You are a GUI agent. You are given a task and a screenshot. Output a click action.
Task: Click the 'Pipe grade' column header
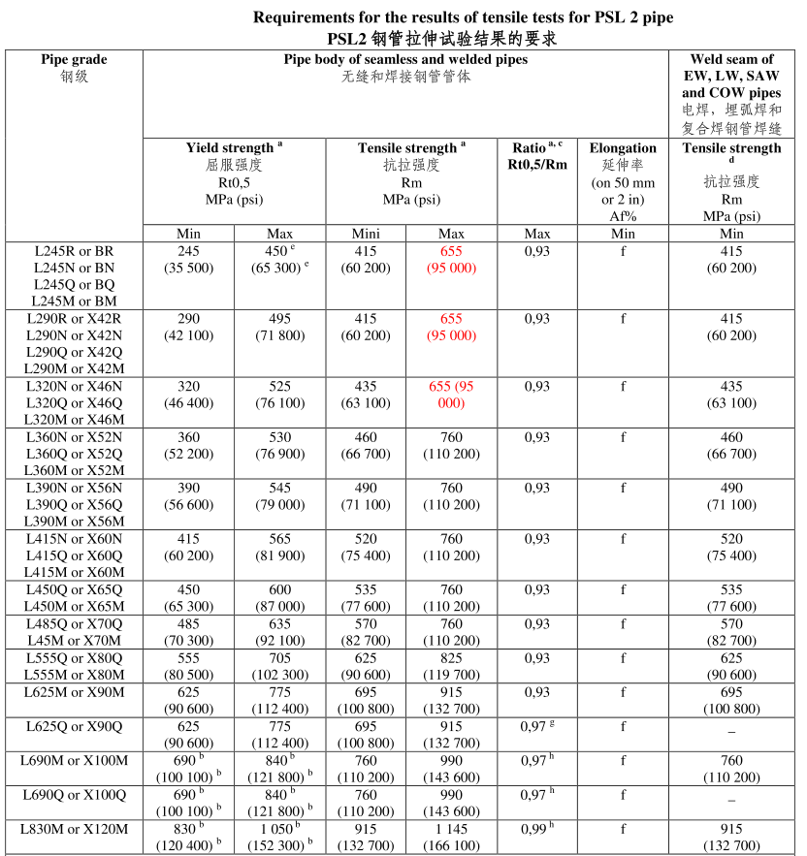pyautogui.click(x=74, y=59)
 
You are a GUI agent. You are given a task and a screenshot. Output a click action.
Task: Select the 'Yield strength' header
pyautogui.click(x=230, y=148)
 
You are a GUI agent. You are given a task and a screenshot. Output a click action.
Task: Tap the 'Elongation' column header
pyautogui.click(x=623, y=148)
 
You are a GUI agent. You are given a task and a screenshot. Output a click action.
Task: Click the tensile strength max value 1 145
pyautogui.click(x=451, y=829)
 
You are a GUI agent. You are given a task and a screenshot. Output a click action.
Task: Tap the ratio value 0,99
pyautogui.click(x=533, y=829)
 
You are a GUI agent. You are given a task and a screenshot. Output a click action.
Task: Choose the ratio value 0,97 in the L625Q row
pyautogui.click(x=533, y=726)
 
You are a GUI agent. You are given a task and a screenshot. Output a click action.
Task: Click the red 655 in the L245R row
pyautogui.click(x=451, y=250)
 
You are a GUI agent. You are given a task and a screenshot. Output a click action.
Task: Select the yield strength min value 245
pyautogui.click(x=188, y=250)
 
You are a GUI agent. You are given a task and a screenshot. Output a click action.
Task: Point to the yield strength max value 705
pyautogui.click(x=278, y=657)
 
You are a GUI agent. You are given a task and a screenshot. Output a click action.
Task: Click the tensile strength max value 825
pyautogui.click(x=451, y=657)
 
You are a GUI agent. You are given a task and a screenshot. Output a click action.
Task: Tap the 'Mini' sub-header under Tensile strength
pyautogui.click(x=365, y=234)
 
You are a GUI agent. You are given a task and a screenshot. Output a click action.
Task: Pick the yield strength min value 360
pyautogui.click(x=188, y=437)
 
